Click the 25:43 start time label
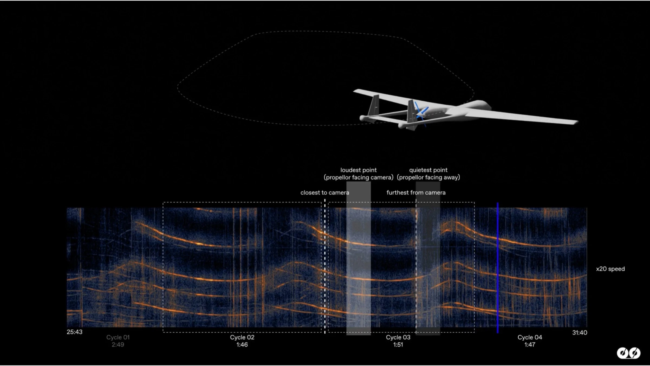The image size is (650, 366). (74, 332)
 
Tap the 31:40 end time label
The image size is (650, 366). (580, 333)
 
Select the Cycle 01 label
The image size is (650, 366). (118, 337)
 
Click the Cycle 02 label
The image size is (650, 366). (242, 337)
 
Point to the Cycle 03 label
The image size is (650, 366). (398, 337)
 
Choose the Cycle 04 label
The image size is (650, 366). (530, 337)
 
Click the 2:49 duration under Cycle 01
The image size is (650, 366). (118, 345)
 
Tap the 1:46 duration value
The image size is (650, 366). (242, 345)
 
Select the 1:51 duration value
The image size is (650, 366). (398, 345)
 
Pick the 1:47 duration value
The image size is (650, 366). (530, 345)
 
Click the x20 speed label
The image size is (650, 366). (610, 269)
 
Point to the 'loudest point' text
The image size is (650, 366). (358, 170)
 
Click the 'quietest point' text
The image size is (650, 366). (428, 170)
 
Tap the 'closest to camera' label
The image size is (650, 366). (325, 192)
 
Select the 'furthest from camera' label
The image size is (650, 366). (416, 192)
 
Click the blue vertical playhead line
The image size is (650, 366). (498, 268)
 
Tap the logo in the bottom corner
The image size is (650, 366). (629, 353)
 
